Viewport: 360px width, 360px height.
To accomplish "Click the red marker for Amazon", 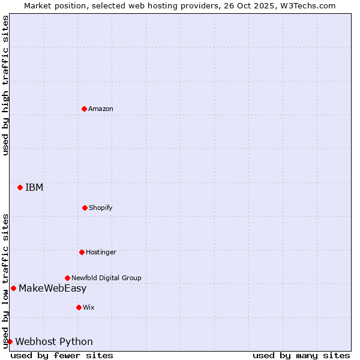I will [84, 109].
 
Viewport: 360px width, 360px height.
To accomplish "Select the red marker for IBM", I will [20, 187].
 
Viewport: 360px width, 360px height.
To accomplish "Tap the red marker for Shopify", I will [85, 208].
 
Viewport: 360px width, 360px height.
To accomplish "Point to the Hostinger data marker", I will [82, 252].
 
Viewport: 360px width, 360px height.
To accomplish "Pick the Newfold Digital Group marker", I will [67, 278].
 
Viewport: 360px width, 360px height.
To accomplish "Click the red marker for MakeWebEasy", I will [13, 288].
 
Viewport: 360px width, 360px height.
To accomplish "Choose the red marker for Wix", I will [79, 307].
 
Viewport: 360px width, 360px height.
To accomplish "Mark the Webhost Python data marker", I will [10, 341].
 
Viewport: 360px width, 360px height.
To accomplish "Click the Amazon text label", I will [101, 109].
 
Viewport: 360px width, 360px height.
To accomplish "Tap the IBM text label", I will [34, 187].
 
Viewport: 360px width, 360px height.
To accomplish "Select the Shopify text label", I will [101, 208].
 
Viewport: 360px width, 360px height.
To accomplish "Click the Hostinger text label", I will [101, 252].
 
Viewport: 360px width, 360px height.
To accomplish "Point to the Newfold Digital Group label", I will [106, 278].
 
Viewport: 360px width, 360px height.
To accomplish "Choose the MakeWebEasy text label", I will [53, 288].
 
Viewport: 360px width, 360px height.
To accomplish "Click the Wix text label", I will [89, 307].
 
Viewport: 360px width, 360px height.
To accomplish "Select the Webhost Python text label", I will [54, 341].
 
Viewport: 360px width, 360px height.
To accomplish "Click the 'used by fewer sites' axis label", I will [62, 355].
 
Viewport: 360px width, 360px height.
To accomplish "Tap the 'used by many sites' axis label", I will [301, 355].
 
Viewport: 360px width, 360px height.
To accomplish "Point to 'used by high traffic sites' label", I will [5, 85].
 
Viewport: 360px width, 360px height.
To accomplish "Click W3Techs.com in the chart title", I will [308, 5].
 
